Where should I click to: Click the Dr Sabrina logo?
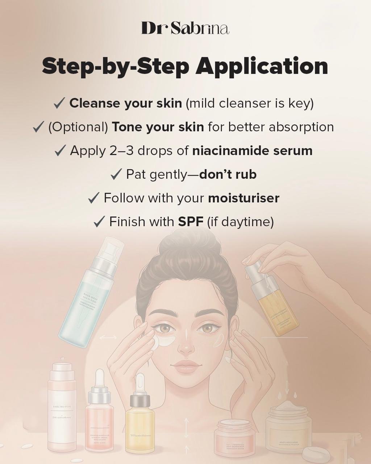tap(185, 28)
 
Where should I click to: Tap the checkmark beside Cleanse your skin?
tap(59, 103)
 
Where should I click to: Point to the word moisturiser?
tap(243, 198)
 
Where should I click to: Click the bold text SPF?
tap(191, 221)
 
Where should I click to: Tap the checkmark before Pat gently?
tap(116, 174)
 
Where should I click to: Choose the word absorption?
tap(301, 127)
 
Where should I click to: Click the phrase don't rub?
tap(228, 174)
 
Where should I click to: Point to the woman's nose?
tap(187, 344)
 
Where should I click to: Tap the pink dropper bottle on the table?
tap(99, 417)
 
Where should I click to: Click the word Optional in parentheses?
tap(78, 127)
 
